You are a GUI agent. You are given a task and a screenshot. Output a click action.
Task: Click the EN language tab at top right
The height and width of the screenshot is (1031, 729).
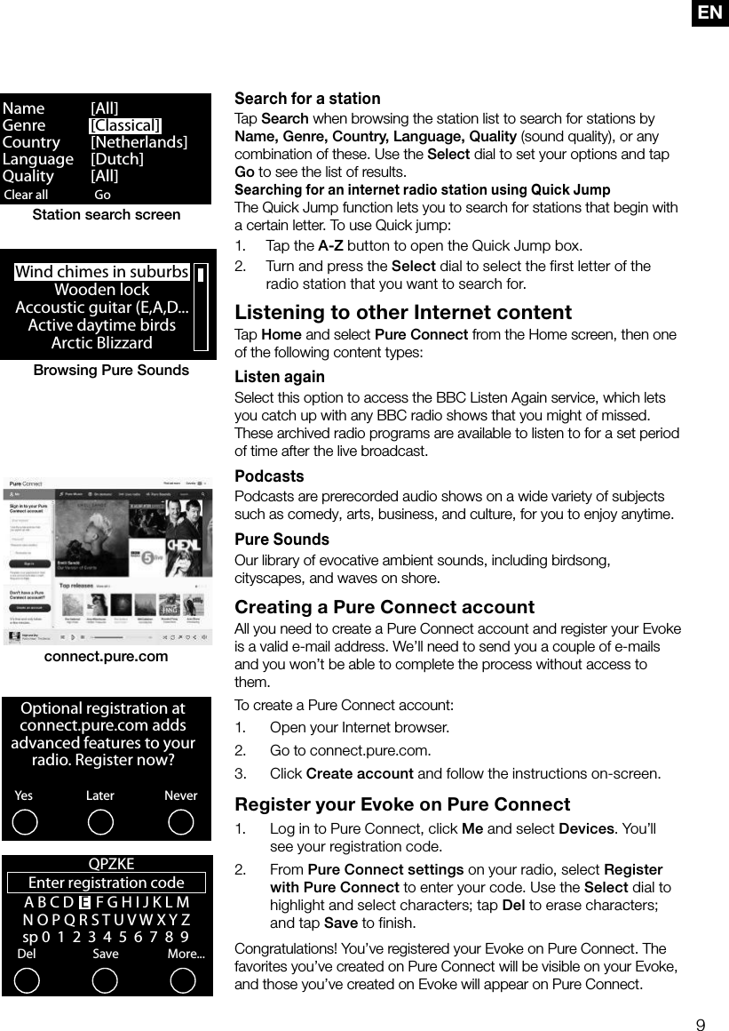point(710,12)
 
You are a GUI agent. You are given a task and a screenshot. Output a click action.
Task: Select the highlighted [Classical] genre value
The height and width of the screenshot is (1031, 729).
point(125,125)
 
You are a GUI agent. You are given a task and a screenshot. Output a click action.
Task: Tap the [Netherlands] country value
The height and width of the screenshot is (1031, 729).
point(139,142)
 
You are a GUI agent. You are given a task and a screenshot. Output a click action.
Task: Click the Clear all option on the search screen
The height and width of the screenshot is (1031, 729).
point(27,195)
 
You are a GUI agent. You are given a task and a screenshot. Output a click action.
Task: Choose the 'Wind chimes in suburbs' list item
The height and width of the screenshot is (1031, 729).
point(102,272)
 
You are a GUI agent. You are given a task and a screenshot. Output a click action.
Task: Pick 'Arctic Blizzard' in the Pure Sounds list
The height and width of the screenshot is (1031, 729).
point(101,342)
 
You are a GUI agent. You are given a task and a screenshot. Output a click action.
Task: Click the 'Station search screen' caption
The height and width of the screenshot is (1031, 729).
point(107,215)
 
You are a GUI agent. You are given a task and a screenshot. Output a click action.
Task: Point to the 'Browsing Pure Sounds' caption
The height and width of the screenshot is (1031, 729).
point(111,370)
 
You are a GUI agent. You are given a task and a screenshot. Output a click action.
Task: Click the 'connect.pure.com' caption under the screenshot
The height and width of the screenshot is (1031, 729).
point(106,657)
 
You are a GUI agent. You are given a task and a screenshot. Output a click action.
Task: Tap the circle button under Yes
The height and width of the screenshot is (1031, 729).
point(26,822)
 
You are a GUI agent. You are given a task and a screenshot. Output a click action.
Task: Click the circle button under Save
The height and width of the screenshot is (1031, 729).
point(105,980)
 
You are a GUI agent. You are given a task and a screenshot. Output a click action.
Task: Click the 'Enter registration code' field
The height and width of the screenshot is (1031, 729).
point(107,883)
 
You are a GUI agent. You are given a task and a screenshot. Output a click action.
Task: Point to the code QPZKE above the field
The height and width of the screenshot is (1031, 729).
point(111,864)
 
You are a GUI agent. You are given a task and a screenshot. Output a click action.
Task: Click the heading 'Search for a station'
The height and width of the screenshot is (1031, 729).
point(307,99)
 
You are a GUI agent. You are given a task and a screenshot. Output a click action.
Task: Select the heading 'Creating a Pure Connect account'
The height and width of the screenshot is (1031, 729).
point(384,608)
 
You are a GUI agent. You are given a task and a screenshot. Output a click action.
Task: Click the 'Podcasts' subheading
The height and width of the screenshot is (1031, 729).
point(269,476)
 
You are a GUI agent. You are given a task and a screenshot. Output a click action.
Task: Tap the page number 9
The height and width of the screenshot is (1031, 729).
point(701,1026)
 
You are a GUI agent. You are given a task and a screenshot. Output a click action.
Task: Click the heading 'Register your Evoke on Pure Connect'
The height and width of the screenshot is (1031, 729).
point(402,804)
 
